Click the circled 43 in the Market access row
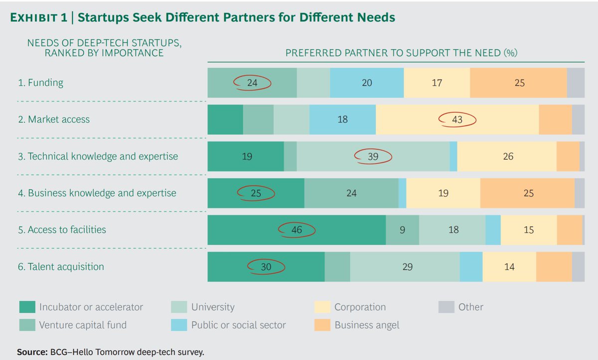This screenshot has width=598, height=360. coord(457,120)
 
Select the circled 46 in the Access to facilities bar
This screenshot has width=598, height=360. coord(297,230)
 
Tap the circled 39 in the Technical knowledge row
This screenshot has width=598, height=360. coord(373,157)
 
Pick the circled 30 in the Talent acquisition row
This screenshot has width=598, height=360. coord(266,267)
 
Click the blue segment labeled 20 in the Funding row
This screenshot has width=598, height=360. coord(367,83)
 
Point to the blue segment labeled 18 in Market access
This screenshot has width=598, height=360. coord(342,120)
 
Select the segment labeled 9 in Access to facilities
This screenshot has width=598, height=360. coord(402,230)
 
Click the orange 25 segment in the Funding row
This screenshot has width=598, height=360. coord(519,83)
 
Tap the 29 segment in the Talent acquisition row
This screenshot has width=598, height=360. coord(407,267)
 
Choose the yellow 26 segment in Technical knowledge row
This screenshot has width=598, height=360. coord(508,157)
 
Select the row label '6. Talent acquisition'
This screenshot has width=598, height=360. coord(61,267)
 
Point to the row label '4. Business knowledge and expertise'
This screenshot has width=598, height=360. coord(97,193)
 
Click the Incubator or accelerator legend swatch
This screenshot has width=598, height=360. coord(27,307)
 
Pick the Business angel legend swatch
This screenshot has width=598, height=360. coord(322,325)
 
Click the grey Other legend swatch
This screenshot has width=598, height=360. coord(446,307)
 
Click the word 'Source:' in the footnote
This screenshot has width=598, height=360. coord(32,352)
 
